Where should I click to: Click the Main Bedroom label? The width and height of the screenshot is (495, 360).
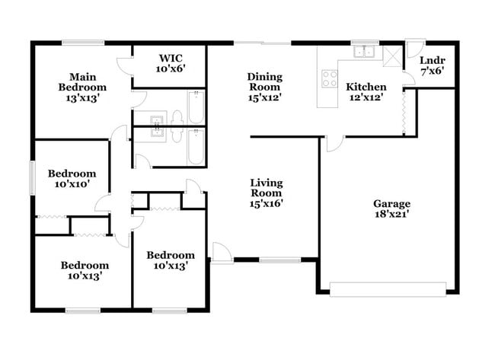[81, 87]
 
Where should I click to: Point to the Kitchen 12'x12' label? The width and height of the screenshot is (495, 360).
[366, 91]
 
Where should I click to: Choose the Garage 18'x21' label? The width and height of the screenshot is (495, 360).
[391, 209]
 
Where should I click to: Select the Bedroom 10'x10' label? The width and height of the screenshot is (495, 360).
[72, 179]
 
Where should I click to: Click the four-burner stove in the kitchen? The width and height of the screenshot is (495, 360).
[330, 77]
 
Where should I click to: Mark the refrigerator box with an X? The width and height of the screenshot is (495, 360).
[393, 56]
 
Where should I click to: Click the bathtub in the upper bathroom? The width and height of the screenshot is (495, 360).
[196, 107]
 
